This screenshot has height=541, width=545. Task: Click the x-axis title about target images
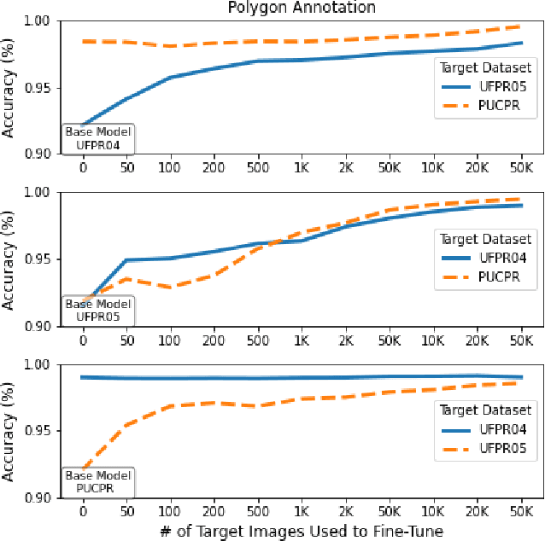point(301,532)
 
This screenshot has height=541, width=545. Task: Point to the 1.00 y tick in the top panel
point(38,21)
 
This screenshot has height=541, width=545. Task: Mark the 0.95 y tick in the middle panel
point(38,259)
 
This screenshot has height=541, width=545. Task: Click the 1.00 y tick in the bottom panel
point(38,365)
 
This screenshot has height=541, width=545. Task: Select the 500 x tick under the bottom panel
point(257,512)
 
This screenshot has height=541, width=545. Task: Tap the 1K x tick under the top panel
point(302,169)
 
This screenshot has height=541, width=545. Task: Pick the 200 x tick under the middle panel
point(214,340)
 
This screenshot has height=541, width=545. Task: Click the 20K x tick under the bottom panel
point(477,512)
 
